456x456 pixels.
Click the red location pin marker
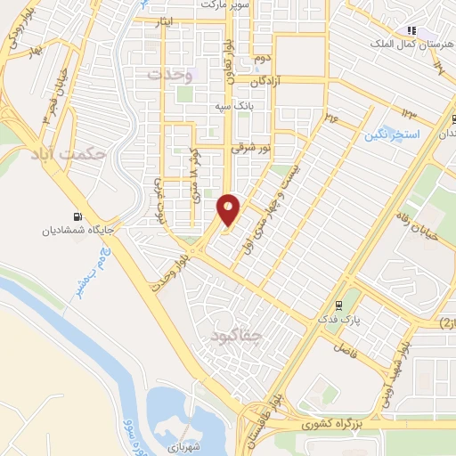pos(229,210)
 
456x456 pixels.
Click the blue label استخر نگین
pos(389,135)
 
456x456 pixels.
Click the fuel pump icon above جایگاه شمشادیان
pos(77,216)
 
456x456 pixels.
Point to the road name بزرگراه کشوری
pos(336,426)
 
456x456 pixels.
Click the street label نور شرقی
pos(248,151)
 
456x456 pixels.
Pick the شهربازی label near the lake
pos(183,443)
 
